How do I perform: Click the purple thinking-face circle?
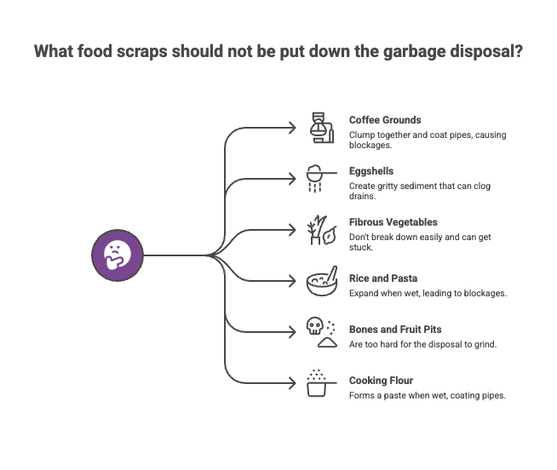(x=118, y=255)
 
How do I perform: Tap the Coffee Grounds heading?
(x=385, y=120)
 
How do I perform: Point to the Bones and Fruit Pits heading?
(x=395, y=329)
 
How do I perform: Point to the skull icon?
(x=315, y=328)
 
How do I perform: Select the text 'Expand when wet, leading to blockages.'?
(x=428, y=293)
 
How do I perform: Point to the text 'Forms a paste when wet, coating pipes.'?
(x=428, y=395)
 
